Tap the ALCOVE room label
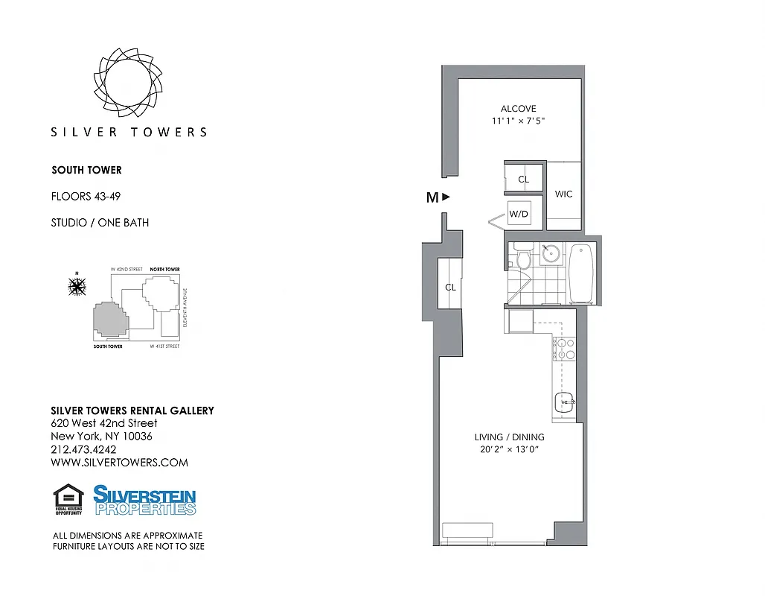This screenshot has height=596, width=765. point(518,109)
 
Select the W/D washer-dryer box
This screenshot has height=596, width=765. point(518,215)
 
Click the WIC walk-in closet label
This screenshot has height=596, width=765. point(563,194)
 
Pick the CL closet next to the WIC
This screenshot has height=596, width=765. point(523,179)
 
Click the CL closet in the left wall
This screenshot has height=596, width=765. point(450,287)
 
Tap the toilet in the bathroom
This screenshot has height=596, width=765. point(522,258)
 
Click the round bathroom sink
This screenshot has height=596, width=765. point(551,253)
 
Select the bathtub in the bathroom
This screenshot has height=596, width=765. point(581,273)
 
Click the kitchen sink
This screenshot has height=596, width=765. point(565,402)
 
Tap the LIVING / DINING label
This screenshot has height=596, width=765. point(509,437)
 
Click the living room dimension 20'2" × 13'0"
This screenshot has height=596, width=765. point(509,450)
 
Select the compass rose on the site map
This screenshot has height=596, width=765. point(77,285)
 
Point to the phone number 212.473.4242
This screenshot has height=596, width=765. point(83,449)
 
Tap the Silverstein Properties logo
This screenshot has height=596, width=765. point(144,500)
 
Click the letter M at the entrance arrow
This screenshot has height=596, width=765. point(432,197)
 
